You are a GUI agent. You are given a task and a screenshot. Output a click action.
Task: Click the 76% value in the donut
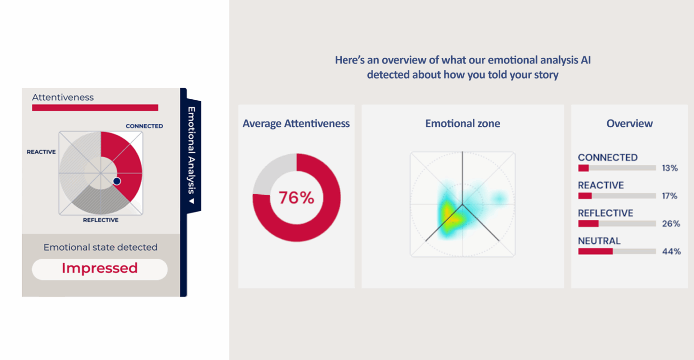coord(296,198)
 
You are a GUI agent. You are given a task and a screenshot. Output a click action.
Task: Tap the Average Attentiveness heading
coord(296,123)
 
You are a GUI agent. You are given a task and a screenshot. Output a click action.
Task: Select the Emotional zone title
coord(463,123)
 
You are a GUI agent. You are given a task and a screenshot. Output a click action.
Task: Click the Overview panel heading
coord(629,123)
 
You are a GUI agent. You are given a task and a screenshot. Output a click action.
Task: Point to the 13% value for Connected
coord(670,168)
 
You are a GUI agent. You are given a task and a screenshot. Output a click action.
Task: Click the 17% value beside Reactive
coord(669,196)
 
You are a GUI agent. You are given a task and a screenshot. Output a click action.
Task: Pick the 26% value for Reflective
coord(671,224)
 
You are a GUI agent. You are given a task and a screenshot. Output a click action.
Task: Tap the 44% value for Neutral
coord(671,251)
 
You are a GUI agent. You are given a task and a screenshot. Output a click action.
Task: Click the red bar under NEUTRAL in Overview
coord(596,251)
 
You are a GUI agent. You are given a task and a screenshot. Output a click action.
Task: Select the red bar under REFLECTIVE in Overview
coord(588,224)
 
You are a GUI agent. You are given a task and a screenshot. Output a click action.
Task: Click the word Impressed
coord(99,268)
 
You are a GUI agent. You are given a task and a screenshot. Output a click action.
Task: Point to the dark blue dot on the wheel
coord(117,181)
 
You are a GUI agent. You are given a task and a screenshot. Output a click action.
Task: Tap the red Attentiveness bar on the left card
coord(95,107)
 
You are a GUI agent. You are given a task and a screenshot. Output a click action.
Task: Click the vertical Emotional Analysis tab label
coord(192,150)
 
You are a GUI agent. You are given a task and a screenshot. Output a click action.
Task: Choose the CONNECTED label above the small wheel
coord(145,126)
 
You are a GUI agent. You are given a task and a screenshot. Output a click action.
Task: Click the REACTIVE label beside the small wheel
coord(41,152)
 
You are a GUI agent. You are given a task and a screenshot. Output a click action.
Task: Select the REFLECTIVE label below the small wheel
coord(101,220)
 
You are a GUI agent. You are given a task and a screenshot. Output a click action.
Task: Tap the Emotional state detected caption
coord(100,247)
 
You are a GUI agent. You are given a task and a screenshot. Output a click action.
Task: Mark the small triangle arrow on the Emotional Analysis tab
coord(192,201)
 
